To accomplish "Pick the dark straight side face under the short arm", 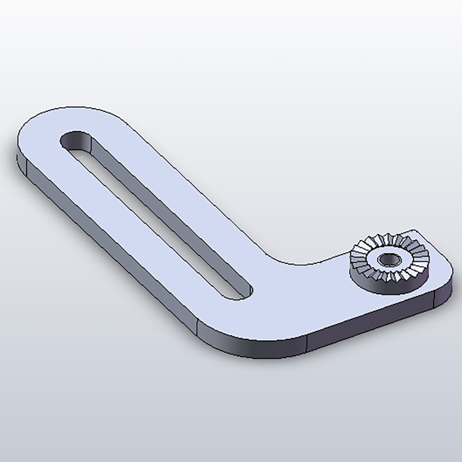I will pyautogui.click(x=370, y=323).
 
